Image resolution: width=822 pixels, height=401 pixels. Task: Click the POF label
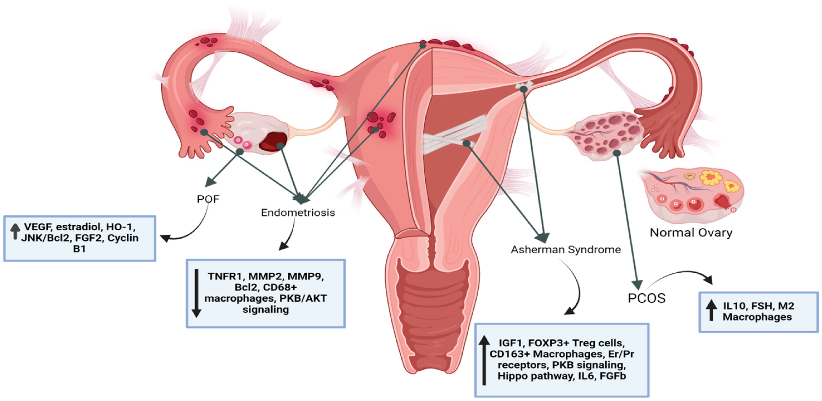[208, 199]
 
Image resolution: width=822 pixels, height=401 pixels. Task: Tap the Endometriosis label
[298, 213]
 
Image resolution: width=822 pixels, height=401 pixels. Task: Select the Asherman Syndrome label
[566, 249]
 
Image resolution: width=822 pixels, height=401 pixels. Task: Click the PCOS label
[646, 298]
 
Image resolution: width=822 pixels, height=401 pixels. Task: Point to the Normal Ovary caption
[691, 233]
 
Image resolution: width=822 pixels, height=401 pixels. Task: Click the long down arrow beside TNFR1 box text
[197, 293]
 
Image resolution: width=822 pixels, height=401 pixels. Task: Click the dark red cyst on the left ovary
[273, 142]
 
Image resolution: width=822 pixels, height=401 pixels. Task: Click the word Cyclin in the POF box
[123, 238]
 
